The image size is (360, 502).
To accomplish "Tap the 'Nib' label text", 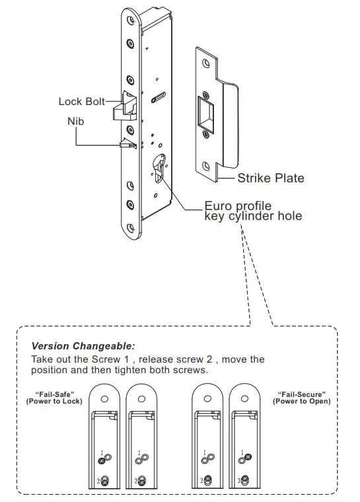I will coord(75,122).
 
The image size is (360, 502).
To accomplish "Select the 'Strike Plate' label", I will coord(271,178).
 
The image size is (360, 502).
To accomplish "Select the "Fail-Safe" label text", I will coord(46,394).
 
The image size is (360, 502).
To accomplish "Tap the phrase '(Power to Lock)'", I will coord(46,402).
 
